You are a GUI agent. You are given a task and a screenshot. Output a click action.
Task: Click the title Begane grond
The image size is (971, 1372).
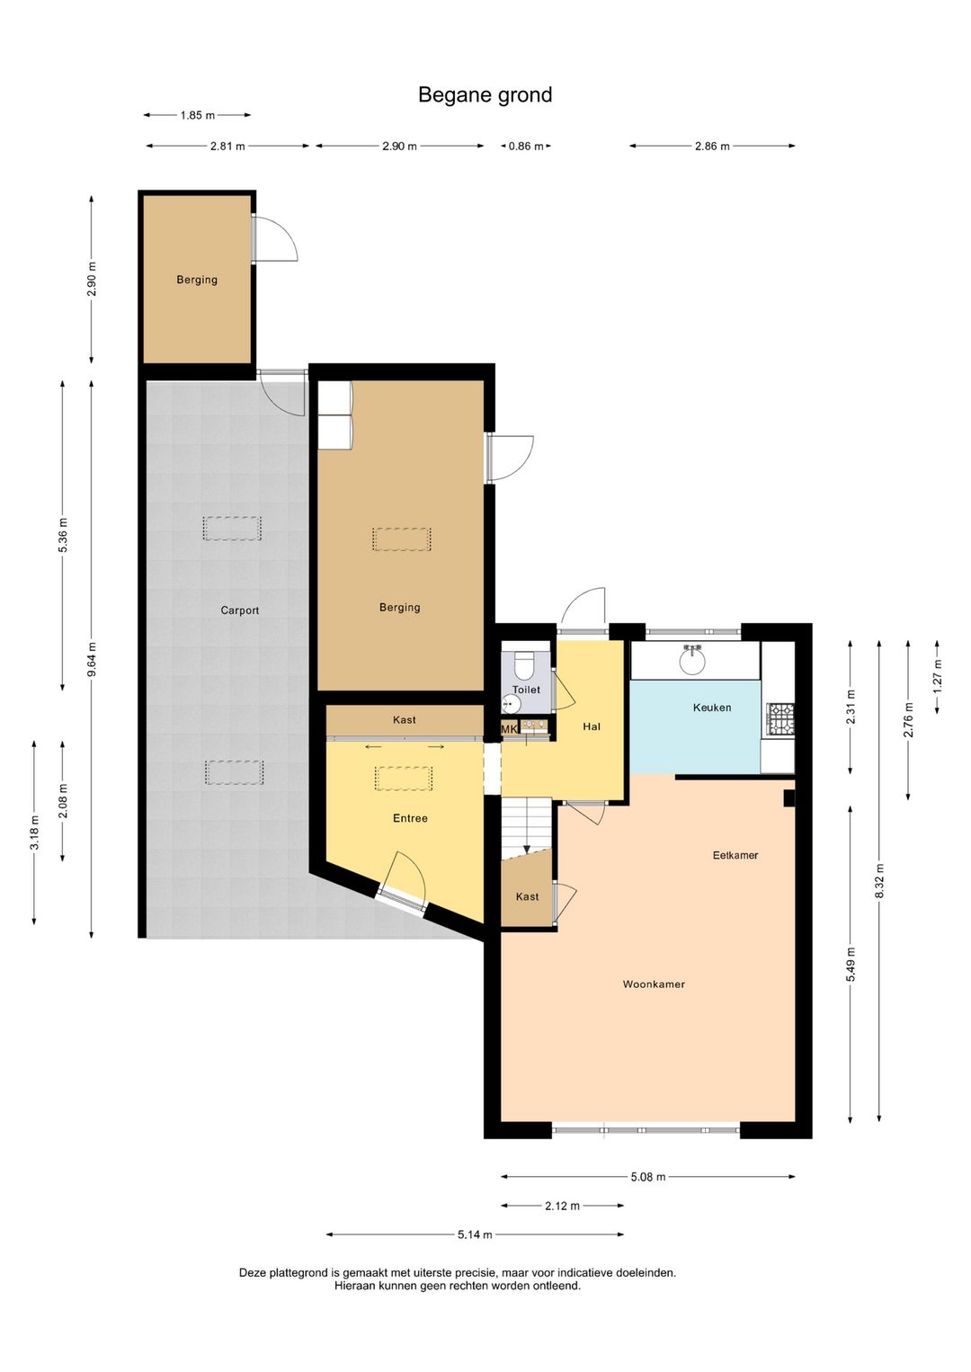click(485, 95)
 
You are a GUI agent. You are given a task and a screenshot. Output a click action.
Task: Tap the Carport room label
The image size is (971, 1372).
click(239, 610)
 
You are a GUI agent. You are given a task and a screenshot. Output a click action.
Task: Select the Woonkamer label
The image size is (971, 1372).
click(654, 984)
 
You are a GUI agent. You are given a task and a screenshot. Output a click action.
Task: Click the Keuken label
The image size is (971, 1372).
click(712, 708)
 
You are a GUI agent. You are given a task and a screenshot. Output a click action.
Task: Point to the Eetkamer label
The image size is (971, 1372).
click(735, 855)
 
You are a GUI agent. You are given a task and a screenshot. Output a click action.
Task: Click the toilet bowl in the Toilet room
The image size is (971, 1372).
click(524, 665)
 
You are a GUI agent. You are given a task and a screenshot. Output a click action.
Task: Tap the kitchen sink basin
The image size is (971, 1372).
click(693, 660)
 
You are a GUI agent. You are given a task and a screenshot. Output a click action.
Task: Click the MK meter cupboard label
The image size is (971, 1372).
click(509, 729)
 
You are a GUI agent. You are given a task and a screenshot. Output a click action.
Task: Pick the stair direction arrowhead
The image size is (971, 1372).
click(526, 849)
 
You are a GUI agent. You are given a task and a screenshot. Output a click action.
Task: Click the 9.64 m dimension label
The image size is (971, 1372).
click(92, 659)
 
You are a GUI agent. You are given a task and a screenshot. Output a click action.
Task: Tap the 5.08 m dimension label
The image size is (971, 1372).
click(647, 1177)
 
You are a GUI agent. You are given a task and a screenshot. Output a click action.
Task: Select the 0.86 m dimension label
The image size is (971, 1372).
click(526, 147)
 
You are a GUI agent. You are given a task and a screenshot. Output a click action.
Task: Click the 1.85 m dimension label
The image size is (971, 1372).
click(197, 115)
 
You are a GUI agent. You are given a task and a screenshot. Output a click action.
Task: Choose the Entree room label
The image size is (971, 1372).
click(410, 818)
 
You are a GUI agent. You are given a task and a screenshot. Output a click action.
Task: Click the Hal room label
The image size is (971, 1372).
click(592, 726)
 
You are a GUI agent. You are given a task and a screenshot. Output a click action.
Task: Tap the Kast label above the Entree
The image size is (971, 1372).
click(405, 719)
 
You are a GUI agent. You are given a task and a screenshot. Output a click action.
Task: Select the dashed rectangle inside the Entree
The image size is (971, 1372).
click(404, 779)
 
